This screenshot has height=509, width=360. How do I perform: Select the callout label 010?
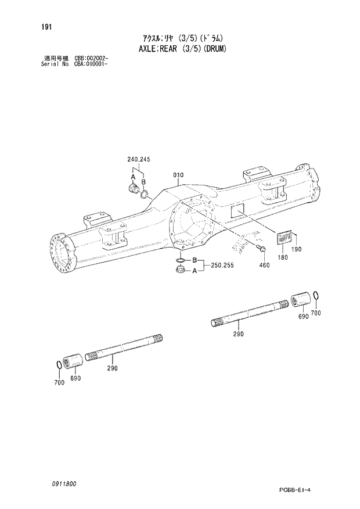[x=178, y=175]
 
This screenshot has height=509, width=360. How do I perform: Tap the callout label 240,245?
[x=139, y=160]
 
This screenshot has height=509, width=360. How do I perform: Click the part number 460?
[x=264, y=265]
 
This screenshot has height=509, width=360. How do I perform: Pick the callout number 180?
[x=283, y=257]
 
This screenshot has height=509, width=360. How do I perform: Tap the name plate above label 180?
[x=284, y=238]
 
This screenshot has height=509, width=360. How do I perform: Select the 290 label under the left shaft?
[x=112, y=368]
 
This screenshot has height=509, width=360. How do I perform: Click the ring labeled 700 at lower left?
[x=59, y=364]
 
